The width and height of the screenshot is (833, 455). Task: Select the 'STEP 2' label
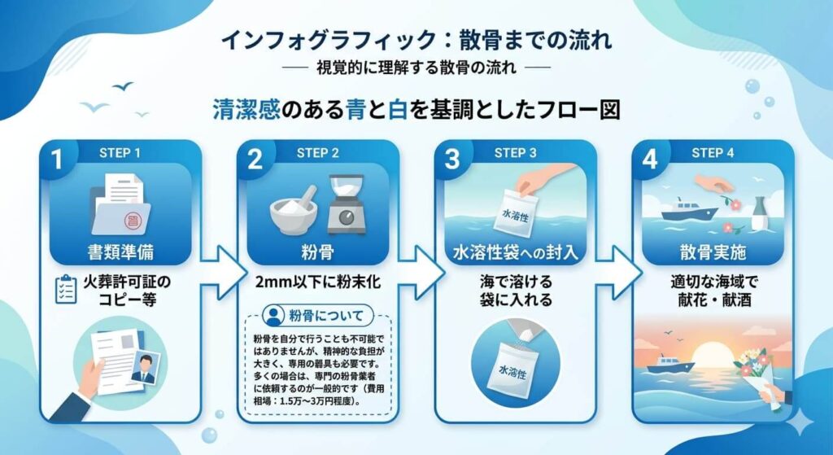319,153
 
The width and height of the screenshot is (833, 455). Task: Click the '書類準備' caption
120,250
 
